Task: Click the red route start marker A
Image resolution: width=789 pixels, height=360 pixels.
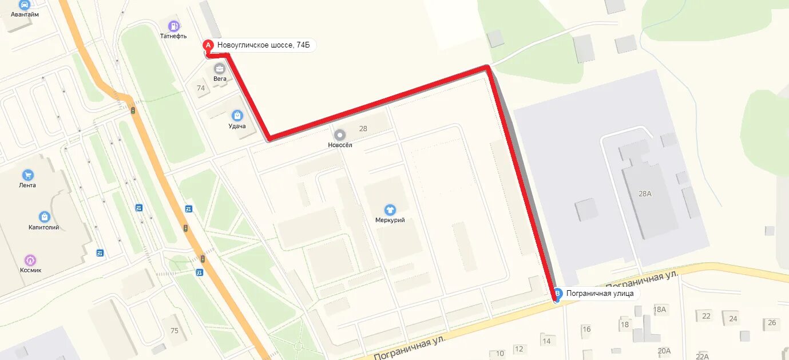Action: [208, 45]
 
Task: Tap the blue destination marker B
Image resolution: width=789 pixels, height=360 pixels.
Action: [558, 294]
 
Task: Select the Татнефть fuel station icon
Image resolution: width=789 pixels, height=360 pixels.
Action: [174, 26]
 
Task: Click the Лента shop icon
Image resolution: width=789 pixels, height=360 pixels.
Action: [27, 175]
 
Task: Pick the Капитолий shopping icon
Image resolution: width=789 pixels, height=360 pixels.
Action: [44, 217]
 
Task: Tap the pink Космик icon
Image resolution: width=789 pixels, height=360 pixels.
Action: [30, 260]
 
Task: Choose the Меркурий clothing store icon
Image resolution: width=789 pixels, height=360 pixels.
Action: [390, 210]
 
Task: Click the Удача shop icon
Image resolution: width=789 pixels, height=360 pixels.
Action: [237, 116]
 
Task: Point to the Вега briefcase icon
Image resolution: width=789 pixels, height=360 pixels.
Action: [220, 69]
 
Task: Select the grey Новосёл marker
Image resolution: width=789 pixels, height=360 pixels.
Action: [340, 135]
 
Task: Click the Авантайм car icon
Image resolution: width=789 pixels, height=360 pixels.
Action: [25, 5]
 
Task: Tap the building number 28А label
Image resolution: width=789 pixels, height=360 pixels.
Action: [645, 193]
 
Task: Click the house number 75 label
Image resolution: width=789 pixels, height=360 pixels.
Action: [175, 330]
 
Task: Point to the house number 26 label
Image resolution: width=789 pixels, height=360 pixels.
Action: [772, 323]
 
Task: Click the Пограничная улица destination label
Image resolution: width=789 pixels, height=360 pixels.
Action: [600, 294]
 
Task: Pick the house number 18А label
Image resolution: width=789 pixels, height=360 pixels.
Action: [660, 310]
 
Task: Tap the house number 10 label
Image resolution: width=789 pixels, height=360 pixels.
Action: [500, 354]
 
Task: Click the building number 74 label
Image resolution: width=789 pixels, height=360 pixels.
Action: [201, 88]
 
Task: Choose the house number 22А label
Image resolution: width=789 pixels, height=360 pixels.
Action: [702, 356]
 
